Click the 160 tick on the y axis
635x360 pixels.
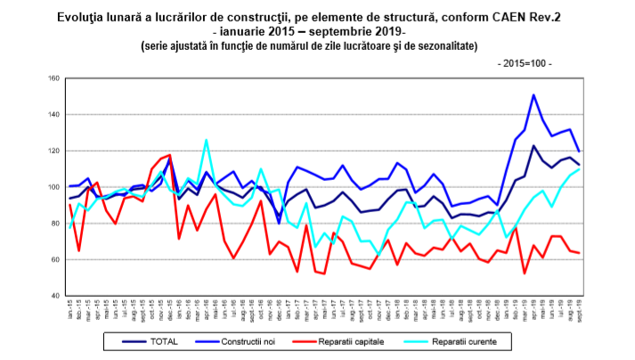(53, 78)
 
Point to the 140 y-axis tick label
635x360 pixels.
(53, 115)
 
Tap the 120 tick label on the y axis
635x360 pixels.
(53, 151)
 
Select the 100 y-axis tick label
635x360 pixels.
(53, 187)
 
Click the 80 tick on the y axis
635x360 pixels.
(54, 224)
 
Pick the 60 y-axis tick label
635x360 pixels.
(54, 260)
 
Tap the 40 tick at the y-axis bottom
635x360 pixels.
(54, 296)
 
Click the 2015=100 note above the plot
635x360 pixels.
(524, 65)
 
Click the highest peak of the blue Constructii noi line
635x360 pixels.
(533, 94)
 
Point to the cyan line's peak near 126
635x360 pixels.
(207, 140)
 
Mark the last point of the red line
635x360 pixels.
(580, 253)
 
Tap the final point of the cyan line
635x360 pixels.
(580, 169)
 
